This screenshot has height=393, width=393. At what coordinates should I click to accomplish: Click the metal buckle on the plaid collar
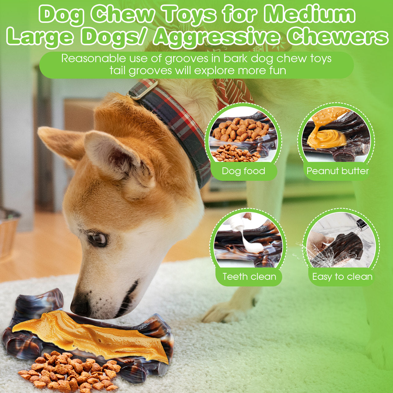(x=143, y=90)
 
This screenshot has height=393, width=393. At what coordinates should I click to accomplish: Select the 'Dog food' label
(x=244, y=171)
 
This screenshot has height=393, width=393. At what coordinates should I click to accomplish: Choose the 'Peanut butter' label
(x=338, y=171)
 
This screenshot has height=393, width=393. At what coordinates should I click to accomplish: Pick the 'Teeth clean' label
(x=249, y=277)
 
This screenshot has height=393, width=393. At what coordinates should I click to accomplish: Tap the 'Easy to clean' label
(x=342, y=277)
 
